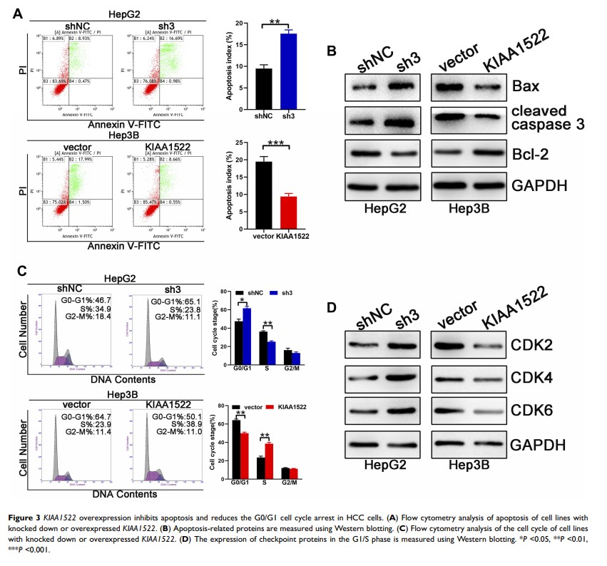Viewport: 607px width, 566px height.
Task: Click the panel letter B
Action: click(x=330, y=51)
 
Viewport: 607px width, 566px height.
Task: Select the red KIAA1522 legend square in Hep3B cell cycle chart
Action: click(x=269, y=406)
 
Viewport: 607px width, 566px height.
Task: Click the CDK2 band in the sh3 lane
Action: click(x=398, y=347)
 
